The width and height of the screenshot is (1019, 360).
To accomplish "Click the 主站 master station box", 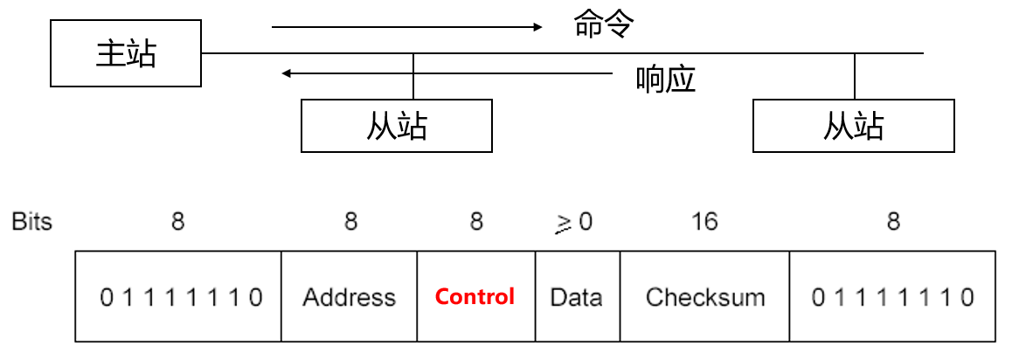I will [126, 54].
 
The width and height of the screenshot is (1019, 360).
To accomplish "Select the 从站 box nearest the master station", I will [396, 126].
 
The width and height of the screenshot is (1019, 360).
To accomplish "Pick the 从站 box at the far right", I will [853, 126].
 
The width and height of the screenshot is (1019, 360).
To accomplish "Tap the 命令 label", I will [603, 24].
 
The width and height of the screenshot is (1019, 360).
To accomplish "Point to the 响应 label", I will [666, 80].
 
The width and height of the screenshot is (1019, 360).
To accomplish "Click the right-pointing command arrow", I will [407, 27].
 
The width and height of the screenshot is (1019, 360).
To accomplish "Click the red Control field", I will [475, 297].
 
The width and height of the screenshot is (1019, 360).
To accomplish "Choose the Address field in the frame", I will [349, 297].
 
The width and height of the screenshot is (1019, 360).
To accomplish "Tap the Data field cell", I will [577, 297].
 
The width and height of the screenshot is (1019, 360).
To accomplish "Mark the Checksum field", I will [704, 297].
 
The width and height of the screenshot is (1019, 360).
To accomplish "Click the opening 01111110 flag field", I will [179, 297].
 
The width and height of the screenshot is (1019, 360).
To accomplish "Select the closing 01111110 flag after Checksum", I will [892, 297].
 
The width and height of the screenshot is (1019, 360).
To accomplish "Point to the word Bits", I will [32, 222].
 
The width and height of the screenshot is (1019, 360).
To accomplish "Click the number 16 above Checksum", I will [704, 222].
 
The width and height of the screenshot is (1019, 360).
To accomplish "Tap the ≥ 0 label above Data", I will [574, 223].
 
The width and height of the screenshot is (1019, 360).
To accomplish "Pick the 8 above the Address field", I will [350, 222].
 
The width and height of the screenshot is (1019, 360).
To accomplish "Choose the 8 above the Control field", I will [476, 222].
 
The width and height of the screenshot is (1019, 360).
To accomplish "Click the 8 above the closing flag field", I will [893, 222].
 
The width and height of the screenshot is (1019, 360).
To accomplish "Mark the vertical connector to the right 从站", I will [855, 77].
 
